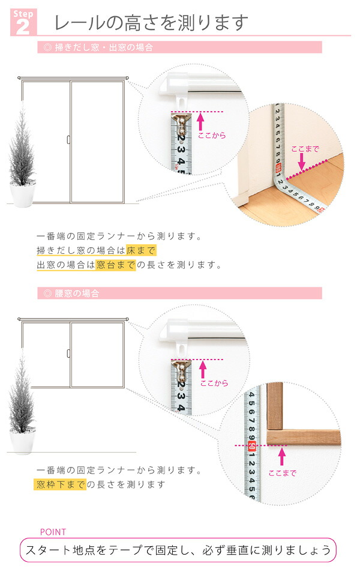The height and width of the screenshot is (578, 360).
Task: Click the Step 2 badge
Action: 23,22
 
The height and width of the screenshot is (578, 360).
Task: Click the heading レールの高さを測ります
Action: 151,22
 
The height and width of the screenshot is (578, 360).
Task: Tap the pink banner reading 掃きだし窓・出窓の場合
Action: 179,47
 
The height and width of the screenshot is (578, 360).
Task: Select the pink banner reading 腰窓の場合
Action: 179,294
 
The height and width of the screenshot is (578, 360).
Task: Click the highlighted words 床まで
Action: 141,250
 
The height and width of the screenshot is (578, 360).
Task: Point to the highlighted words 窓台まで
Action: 116,265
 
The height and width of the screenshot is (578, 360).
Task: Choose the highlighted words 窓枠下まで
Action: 60,484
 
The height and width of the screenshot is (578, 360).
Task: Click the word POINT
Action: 53,532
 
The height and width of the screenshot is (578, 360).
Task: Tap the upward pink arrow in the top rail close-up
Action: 200,122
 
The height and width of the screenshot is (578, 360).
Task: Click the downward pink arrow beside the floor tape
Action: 302,161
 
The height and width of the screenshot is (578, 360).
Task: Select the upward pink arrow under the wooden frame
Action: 282,457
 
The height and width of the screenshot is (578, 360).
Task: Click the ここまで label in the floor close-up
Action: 305,149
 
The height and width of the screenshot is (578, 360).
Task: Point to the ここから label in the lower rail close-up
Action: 214,384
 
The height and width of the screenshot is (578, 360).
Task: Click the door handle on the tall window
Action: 68,140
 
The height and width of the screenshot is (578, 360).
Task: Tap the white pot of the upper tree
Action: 22,194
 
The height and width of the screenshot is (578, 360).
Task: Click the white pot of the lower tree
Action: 22,442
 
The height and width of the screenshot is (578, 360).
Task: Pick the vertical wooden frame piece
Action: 275,406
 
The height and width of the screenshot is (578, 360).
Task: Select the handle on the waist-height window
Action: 68,353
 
